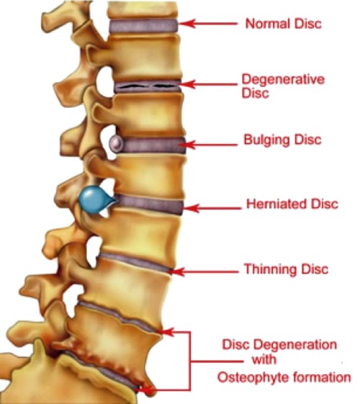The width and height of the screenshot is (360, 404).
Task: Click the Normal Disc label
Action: (284, 24)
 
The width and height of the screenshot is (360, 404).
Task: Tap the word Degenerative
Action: (283, 80)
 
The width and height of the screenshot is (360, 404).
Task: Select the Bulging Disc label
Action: (282, 140)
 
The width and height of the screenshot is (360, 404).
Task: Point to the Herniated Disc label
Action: (292, 204)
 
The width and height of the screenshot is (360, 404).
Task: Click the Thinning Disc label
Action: (286, 269)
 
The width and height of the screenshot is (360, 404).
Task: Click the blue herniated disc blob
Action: (95, 200)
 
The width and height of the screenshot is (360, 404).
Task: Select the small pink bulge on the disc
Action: (116, 143)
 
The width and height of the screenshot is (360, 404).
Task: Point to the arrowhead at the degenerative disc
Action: (188, 84)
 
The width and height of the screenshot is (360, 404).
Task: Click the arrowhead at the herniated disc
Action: (191, 208)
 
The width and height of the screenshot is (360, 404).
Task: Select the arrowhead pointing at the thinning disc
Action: (177, 271)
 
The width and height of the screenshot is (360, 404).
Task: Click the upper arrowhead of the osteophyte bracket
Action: (166, 332)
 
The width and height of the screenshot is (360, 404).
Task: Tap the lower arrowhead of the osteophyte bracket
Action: (146, 390)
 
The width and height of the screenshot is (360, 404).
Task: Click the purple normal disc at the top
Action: (143, 26)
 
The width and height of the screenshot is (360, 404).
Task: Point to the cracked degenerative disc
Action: (148, 86)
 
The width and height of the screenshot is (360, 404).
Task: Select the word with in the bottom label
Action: (264, 359)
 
